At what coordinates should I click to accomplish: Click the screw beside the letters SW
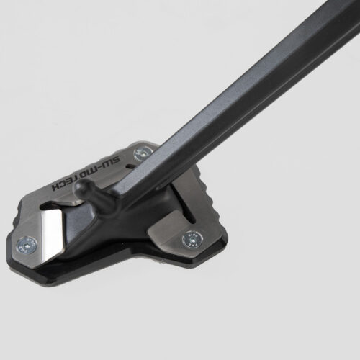click(x=143, y=154)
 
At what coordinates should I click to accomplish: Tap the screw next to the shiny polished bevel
click(x=27, y=245)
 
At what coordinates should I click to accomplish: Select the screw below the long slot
click(x=192, y=240)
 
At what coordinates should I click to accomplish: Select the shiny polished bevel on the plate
click(x=52, y=232)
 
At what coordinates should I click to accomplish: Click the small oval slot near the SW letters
click(x=131, y=166)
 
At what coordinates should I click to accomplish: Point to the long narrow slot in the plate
click(x=189, y=212)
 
